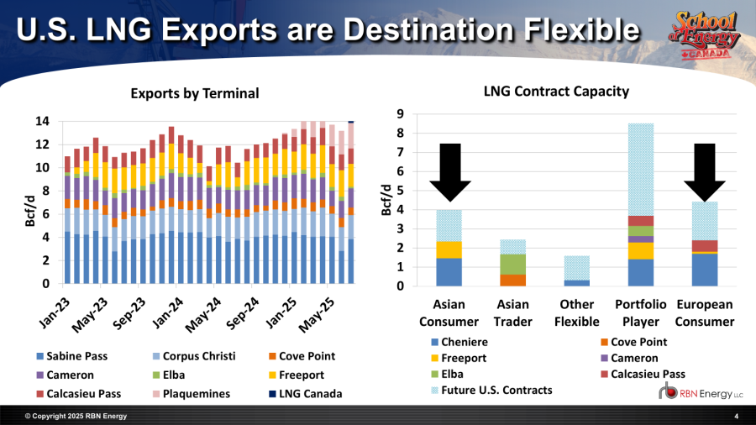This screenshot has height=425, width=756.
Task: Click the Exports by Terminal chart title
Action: tap(194, 92)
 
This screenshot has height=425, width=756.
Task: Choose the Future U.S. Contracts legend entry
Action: tap(496, 389)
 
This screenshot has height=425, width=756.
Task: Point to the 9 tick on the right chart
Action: tap(401, 114)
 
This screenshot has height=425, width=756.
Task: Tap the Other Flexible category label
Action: tap(576, 312)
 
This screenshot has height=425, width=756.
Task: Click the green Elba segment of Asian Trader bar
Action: tap(513, 264)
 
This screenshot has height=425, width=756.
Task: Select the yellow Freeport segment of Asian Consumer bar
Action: tap(449, 249)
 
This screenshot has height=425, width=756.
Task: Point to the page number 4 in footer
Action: tap(736, 417)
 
